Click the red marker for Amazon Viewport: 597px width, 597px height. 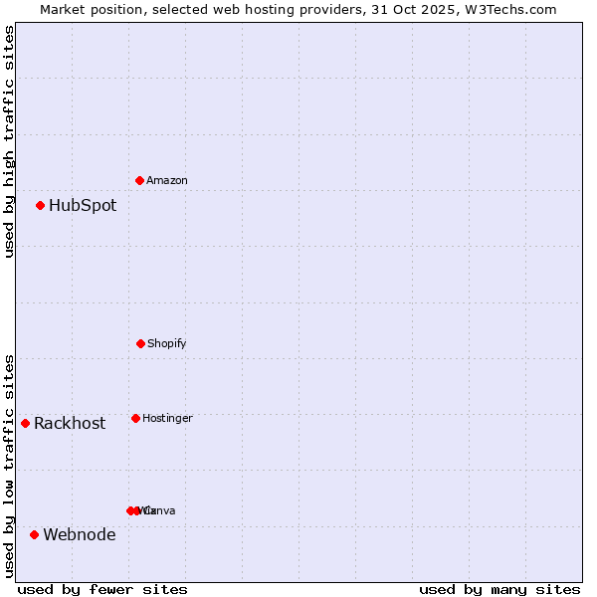140,180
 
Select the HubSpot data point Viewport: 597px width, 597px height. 41,206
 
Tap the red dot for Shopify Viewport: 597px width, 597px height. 140,343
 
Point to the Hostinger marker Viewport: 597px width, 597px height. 135,418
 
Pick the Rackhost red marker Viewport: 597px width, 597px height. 26,423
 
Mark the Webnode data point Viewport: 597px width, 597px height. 35,534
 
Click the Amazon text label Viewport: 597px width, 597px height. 166,180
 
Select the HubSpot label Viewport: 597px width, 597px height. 83,206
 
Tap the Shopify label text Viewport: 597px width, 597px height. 166,343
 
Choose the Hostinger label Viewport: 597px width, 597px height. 167,418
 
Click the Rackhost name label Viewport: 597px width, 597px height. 70,423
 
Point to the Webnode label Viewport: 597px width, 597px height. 80,534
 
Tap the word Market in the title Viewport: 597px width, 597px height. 64,9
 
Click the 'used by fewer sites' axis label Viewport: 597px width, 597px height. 102,589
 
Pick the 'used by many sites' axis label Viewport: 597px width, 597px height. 499,589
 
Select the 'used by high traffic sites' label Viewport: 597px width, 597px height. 9,141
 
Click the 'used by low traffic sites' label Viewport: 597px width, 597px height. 9,465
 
